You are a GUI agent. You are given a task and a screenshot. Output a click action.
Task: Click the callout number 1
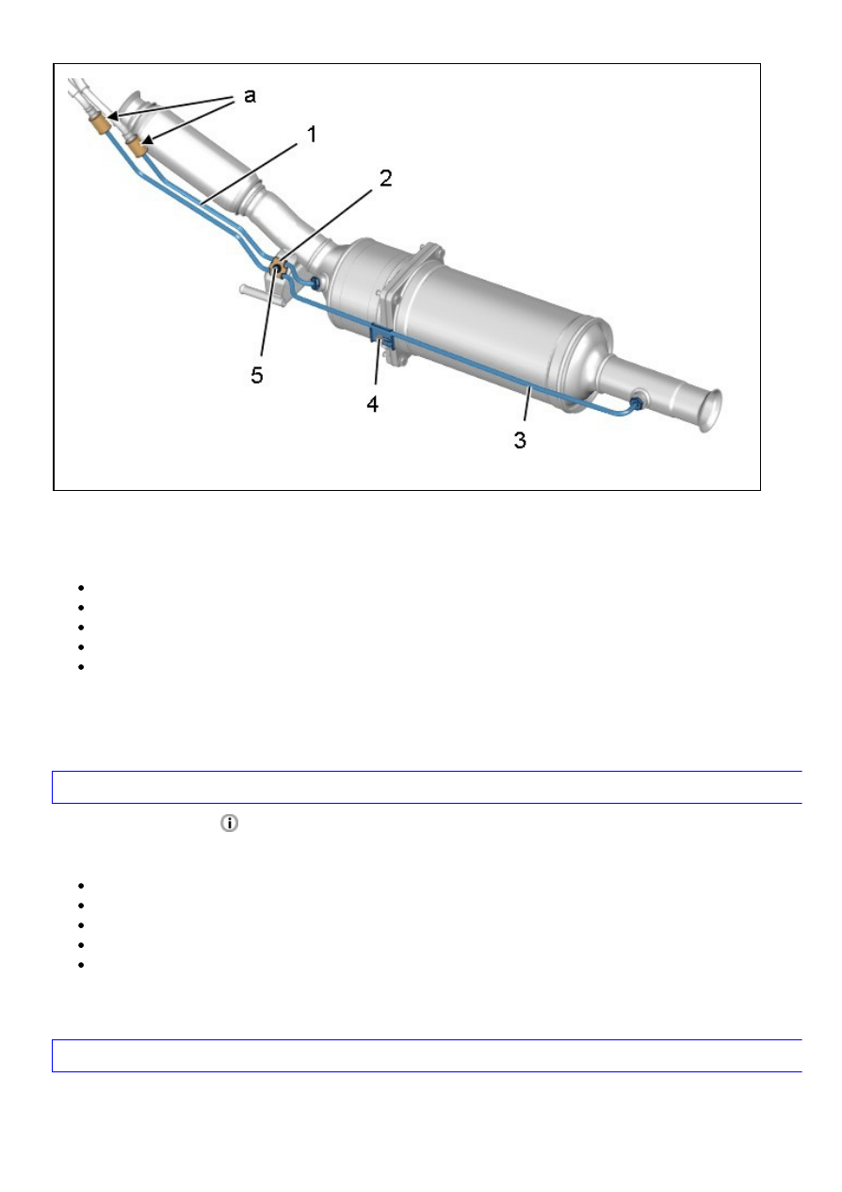313,134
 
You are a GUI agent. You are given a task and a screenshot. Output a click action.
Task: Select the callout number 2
385,178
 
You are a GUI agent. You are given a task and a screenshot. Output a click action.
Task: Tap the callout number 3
520,439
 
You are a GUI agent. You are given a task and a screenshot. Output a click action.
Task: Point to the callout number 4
372,404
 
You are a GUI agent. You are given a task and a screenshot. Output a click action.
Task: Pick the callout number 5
257,375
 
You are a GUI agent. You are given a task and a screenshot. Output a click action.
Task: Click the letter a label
250,96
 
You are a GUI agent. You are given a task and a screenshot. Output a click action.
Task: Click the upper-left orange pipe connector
101,125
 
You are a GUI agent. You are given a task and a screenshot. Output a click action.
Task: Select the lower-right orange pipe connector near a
138,147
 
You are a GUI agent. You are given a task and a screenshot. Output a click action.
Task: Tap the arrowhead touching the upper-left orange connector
113,116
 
